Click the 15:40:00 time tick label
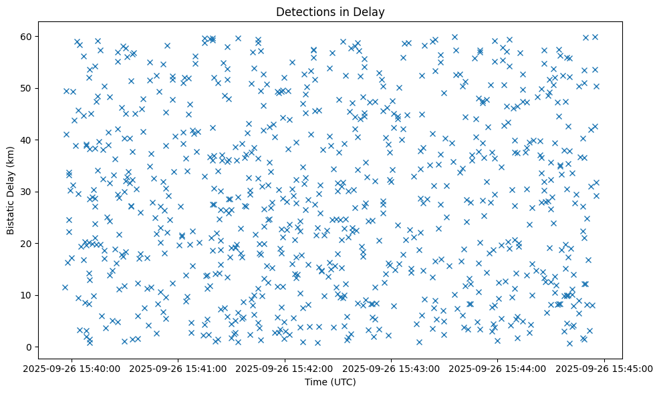73,368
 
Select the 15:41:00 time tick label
179,368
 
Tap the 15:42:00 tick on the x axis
285,368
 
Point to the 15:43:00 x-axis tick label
392,368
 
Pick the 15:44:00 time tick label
498,368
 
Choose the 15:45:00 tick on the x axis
604,368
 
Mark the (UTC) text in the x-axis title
343,382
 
